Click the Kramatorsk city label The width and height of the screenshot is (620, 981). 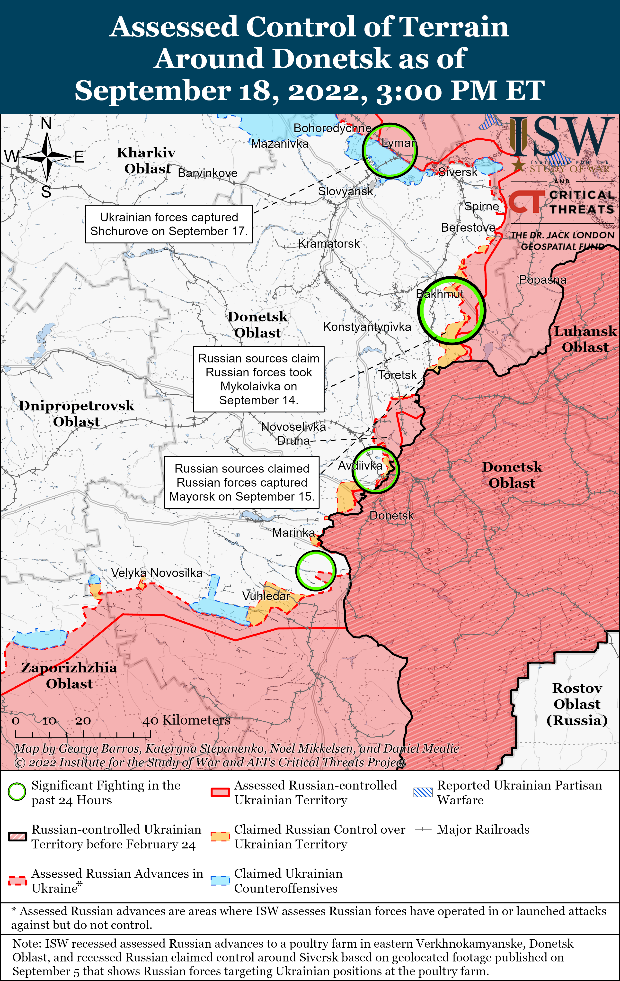(329, 244)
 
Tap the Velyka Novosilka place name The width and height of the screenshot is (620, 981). (157, 573)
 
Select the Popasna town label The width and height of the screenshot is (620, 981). (542, 280)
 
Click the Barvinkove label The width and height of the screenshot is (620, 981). (208, 173)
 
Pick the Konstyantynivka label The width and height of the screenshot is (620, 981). (367, 327)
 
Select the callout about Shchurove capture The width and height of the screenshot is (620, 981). (169, 224)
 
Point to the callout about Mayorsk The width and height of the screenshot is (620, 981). (242, 482)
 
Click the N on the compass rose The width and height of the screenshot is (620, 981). (46, 123)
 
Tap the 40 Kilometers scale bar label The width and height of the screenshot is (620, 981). (186, 720)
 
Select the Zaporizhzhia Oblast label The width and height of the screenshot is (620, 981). (69, 675)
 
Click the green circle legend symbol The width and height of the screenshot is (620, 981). (17, 792)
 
